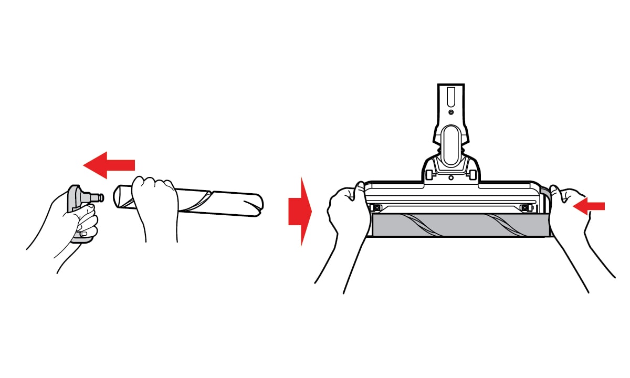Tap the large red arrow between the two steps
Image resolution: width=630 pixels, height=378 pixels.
300,211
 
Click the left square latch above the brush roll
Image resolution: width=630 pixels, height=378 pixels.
375,207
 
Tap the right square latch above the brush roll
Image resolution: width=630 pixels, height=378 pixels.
524,208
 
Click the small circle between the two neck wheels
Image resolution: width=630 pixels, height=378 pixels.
451,177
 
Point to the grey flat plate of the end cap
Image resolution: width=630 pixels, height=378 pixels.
74,199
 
